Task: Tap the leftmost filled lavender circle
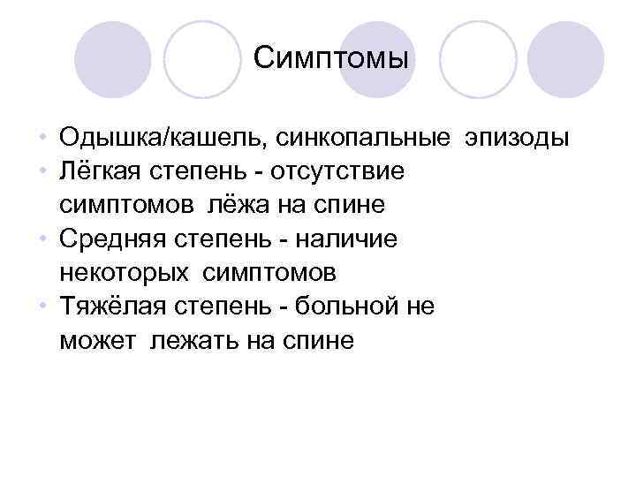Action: pyautogui.click(x=112, y=59)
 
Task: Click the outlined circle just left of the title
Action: pyautogui.click(x=203, y=59)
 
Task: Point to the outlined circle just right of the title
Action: pyautogui.click(x=478, y=59)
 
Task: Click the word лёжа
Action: pyautogui.click(x=236, y=206)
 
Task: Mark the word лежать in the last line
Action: pyautogui.click(x=193, y=340)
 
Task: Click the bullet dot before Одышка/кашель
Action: pyautogui.click(x=42, y=140)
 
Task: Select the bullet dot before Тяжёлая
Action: pyautogui.click(x=42, y=306)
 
